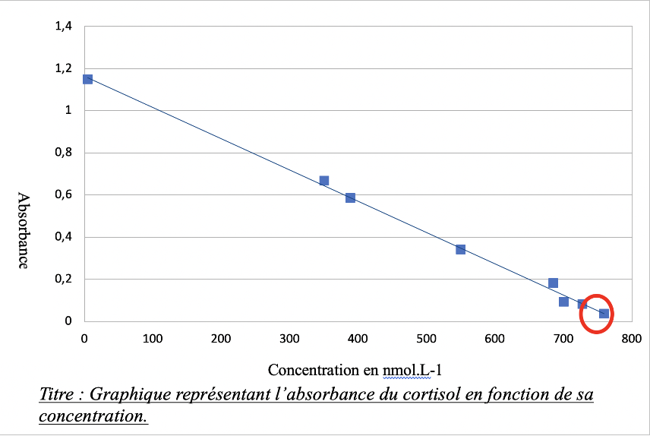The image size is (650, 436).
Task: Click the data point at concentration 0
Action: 87,79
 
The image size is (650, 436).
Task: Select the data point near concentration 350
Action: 323,181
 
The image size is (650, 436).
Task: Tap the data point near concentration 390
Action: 350,197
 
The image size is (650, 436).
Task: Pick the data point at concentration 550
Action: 460,249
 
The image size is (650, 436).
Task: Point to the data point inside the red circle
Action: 604,313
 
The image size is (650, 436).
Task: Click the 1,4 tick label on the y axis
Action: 63,27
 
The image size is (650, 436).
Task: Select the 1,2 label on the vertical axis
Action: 63,68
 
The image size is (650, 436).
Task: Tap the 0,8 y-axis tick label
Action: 63,153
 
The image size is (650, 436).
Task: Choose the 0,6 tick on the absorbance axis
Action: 63,195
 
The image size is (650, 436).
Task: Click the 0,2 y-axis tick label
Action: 63,279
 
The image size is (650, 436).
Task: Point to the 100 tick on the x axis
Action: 153,338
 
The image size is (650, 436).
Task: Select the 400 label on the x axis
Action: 358,338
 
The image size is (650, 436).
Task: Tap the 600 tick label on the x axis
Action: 494,338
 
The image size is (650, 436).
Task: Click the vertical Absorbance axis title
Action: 24,230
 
